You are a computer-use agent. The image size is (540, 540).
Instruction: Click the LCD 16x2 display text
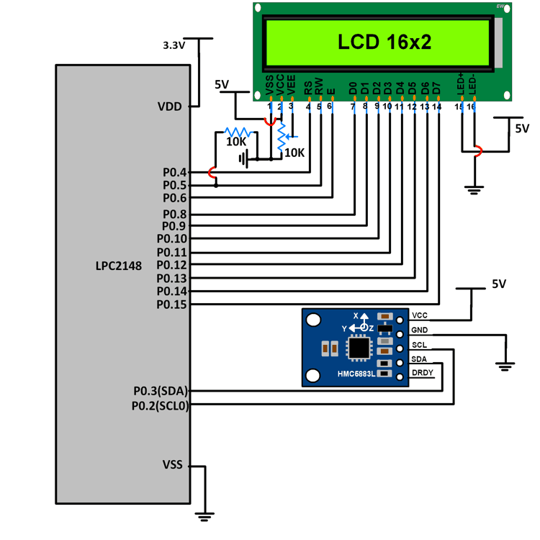[384, 42]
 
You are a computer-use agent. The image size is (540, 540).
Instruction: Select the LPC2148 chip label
[118, 266]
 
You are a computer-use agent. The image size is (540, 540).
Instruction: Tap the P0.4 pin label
[174, 172]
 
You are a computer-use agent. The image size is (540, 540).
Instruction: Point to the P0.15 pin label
[171, 305]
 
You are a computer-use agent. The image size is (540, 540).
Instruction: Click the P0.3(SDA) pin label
[160, 391]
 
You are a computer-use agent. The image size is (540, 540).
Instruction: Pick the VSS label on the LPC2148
[174, 464]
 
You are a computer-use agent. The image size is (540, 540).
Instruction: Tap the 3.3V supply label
[174, 45]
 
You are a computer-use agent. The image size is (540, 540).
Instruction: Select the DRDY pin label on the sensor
[422, 372]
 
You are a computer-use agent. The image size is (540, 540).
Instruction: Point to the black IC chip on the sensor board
[358, 348]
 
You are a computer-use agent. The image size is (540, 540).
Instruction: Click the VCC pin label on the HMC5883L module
[420, 315]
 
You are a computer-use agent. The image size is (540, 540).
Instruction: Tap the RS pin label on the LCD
[309, 88]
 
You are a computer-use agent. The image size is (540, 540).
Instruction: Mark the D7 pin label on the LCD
[436, 88]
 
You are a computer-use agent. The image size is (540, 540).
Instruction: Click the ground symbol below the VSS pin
[205, 516]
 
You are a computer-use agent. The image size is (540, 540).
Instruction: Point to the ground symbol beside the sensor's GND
[505, 364]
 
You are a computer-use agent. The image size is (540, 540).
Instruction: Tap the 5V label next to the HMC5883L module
[500, 284]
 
